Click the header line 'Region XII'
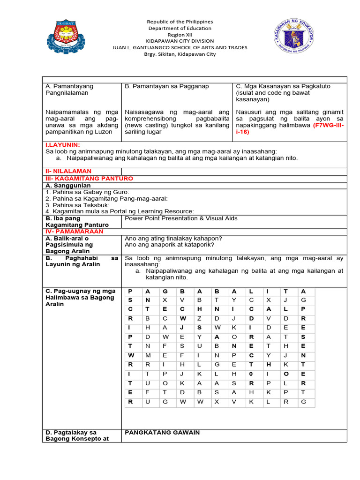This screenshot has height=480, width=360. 180,35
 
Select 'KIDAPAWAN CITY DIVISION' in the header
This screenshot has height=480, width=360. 180,41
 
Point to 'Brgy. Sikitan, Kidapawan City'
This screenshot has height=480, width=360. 180,54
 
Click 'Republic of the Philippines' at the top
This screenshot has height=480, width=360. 180,22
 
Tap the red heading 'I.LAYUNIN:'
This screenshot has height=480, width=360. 62,145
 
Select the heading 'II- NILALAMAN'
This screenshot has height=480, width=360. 68,172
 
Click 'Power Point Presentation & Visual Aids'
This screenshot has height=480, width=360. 181,218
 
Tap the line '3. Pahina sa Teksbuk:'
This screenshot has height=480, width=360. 77,205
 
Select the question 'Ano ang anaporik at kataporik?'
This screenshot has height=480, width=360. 169,245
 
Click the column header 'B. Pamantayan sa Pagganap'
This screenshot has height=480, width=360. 167,86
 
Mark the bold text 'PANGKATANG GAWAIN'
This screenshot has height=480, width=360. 162,433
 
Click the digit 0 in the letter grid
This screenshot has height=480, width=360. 251,374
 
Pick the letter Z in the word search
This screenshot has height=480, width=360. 199,318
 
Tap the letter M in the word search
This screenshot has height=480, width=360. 148,355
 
